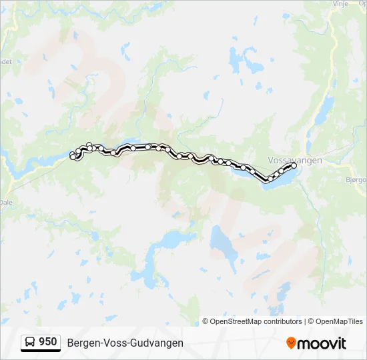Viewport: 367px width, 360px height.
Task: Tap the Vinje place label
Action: click(340, 3)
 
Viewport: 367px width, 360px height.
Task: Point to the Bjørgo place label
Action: click(357, 179)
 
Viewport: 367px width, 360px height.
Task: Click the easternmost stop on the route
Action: click(294, 165)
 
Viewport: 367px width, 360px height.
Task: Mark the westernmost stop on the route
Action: click(72, 156)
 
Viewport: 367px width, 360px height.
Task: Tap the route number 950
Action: click(47, 342)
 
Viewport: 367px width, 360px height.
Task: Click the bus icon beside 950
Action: click(31, 343)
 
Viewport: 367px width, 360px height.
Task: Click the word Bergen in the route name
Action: click(82, 343)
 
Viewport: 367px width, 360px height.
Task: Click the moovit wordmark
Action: click(322, 343)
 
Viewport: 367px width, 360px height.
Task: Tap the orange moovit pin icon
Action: click(291, 343)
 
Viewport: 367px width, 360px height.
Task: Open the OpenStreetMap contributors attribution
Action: click(256, 321)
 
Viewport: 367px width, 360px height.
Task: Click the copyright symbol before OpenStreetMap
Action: click(206, 321)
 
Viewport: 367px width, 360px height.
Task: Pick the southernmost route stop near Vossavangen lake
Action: click(268, 179)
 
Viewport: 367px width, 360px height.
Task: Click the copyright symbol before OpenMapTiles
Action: click(311, 321)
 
